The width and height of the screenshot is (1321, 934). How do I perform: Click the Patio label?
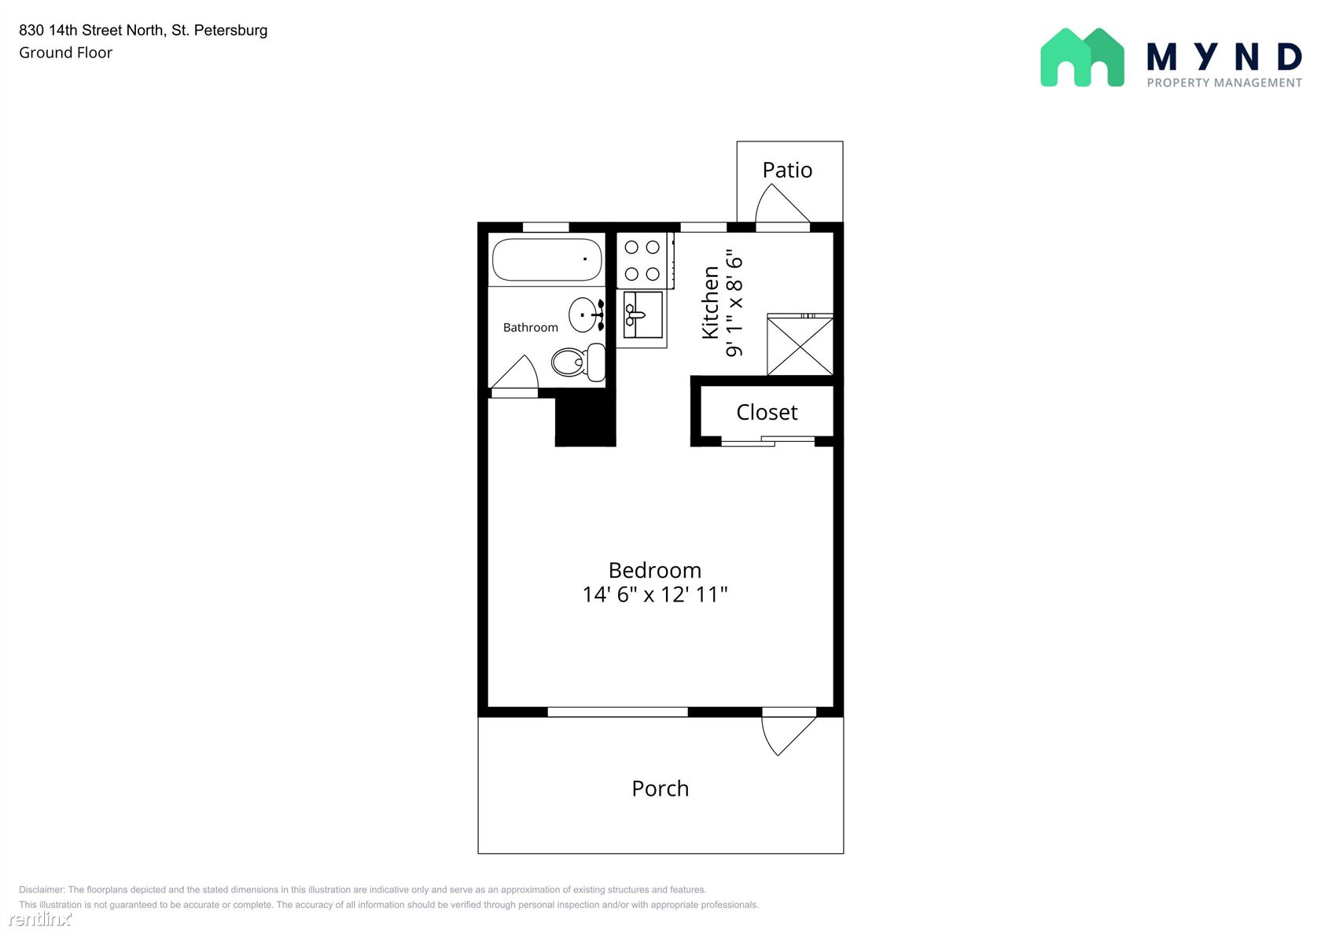click(x=786, y=170)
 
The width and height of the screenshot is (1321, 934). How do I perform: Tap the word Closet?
click(x=767, y=412)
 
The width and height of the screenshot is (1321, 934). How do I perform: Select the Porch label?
click(x=660, y=789)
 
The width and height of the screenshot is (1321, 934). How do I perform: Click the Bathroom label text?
click(x=530, y=327)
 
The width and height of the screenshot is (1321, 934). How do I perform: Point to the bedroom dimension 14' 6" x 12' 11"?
click(x=654, y=594)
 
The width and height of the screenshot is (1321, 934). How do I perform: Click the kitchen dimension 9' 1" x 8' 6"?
click(x=734, y=303)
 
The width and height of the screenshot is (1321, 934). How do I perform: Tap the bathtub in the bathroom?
click(x=546, y=259)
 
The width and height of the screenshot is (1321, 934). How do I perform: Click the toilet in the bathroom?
click(x=578, y=362)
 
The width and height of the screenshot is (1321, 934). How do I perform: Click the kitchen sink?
click(x=643, y=314)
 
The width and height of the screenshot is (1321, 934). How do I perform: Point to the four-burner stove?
click(x=645, y=261)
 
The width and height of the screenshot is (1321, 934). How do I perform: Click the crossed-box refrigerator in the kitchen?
click(x=800, y=344)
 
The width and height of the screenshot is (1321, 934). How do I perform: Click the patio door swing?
click(x=782, y=204)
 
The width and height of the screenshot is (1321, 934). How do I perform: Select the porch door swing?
click(x=789, y=735)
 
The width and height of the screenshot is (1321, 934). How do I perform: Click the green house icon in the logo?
click(x=1082, y=57)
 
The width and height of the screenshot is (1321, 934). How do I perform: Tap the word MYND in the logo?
click(x=1223, y=57)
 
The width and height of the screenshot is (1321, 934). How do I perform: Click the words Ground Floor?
click(x=65, y=53)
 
